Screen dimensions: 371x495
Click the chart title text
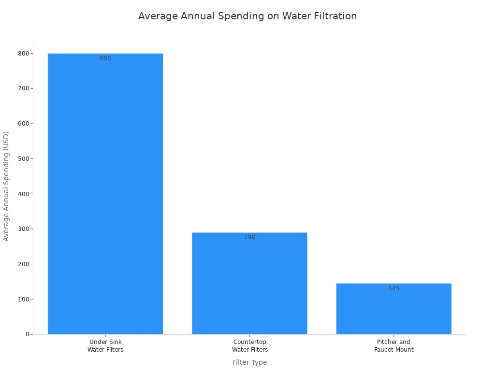coord(247,16)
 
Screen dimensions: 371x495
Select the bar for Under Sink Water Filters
coord(105,193)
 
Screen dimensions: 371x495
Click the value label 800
coord(105,58)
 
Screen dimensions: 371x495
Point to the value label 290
coord(249,237)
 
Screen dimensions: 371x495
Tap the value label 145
coord(393,288)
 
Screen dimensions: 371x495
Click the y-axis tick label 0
coord(28,334)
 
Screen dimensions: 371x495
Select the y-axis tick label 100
coord(23,299)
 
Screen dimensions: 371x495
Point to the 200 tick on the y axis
coord(23,264)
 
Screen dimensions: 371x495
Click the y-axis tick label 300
coord(23,229)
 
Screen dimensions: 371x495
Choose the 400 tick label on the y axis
coord(23,194)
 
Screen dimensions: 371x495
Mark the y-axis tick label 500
coord(23,158)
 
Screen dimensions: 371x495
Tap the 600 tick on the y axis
coord(23,124)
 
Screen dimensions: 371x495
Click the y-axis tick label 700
coord(23,88)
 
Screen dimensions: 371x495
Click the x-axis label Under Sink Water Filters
coord(105,346)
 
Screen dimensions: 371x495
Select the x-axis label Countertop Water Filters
coord(249,346)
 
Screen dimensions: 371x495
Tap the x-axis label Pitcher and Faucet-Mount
coord(393,346)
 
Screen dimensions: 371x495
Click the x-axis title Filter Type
coord(249,362)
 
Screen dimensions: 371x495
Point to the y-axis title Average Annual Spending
coord(6,186)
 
